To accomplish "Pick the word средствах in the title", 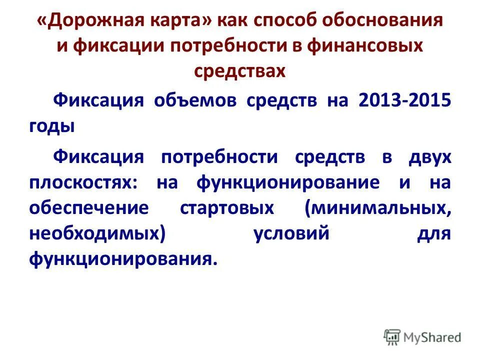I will pos(239,70).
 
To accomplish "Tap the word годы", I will pos(51,125).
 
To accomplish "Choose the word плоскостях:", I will pos(82,182).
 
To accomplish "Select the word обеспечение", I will pos(88,208).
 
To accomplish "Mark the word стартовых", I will pos(226,208).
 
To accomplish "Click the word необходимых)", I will pos(96,234).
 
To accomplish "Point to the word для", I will pos(434,234).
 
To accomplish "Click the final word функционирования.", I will pos(123,259).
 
